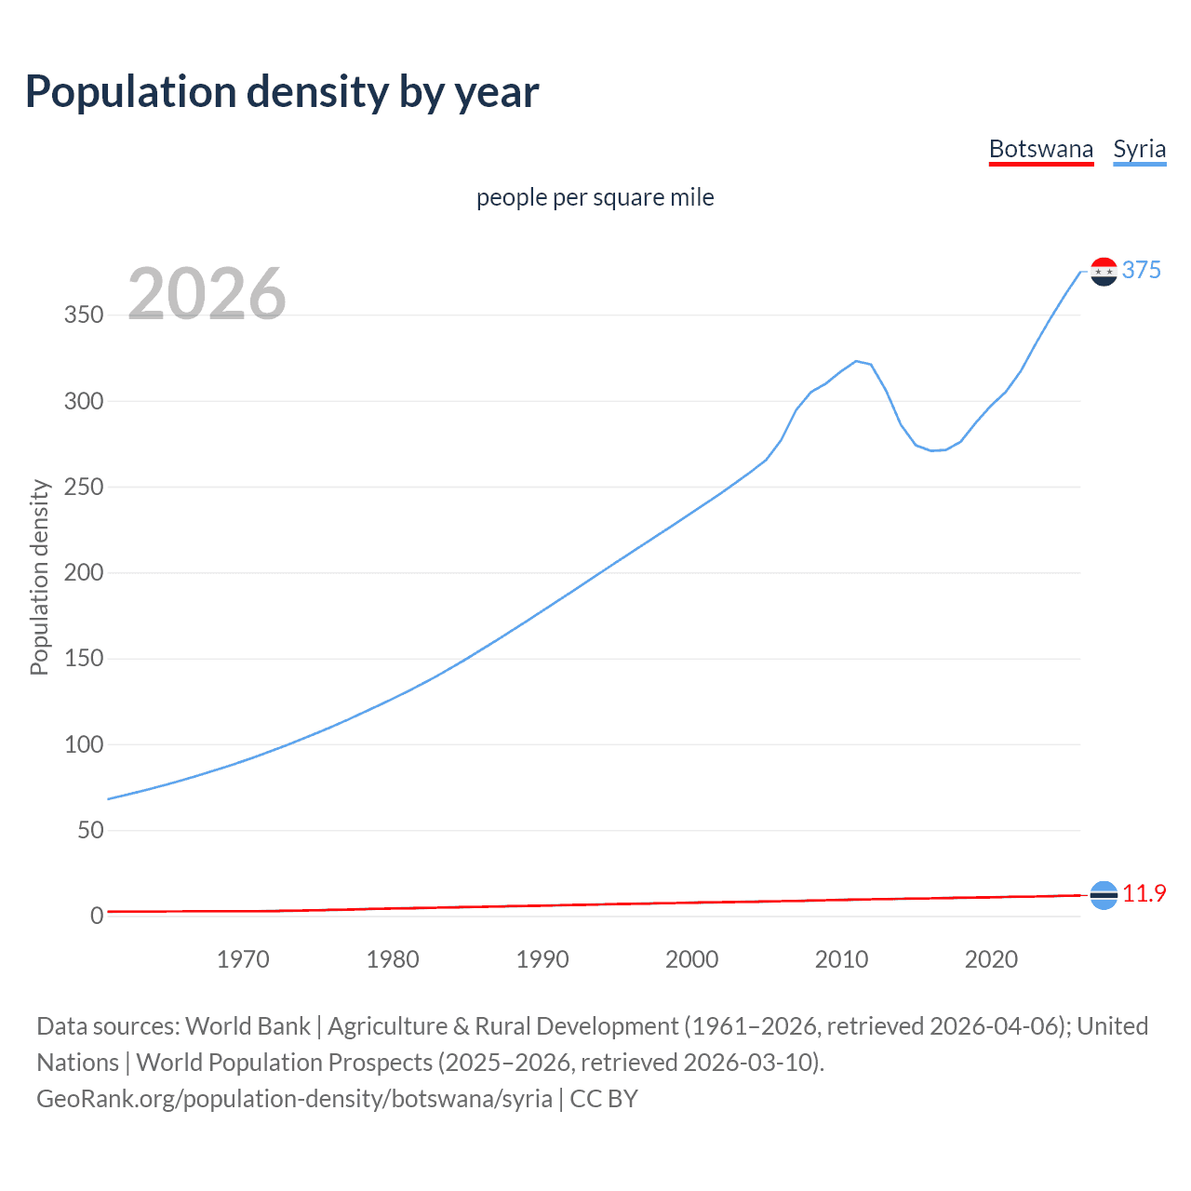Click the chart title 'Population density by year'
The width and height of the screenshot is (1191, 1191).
282,92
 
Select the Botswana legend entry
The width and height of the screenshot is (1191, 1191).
1040,149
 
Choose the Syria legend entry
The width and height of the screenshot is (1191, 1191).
1139,149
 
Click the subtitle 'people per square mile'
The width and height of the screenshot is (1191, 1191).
595,197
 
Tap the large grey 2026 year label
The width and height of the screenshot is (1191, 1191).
207,294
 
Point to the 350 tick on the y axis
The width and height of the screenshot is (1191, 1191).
84,315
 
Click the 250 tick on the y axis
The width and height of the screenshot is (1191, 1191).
84,487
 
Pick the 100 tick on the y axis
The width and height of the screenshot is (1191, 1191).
84,744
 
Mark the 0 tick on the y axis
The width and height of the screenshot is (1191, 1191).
97,916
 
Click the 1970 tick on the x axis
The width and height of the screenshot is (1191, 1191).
243,959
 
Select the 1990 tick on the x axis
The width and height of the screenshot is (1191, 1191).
542,959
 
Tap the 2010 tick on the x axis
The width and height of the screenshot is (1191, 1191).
841,959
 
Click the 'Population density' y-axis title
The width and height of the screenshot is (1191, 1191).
39,577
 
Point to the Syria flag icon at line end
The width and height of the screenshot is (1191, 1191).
1104,272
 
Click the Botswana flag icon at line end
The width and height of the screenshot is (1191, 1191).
1104,895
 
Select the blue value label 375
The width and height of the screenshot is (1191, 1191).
1142,270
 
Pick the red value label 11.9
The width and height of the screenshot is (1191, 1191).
1144,893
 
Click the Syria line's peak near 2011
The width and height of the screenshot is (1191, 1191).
856,361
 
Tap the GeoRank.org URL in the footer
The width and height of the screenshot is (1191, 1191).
294,1098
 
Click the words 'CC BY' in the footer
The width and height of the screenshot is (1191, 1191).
604,1098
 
